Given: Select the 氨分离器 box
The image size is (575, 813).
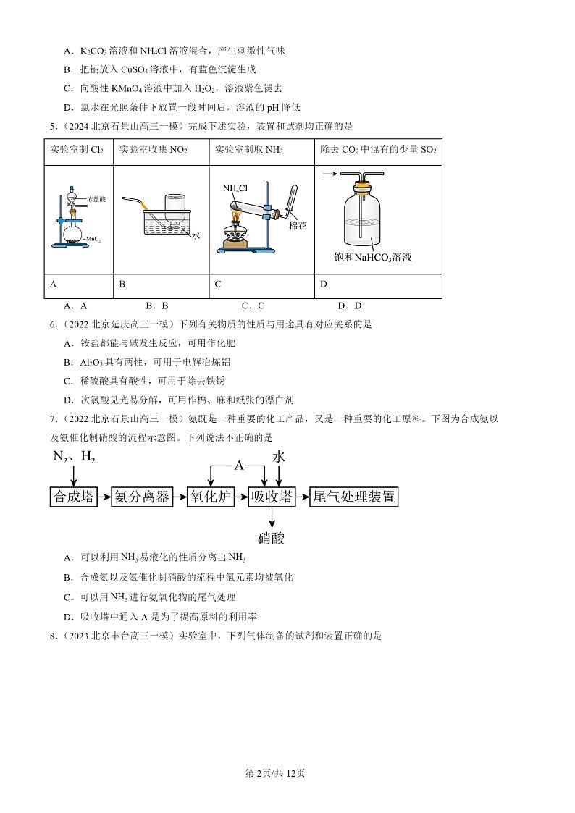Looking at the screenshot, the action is tap(142, 497).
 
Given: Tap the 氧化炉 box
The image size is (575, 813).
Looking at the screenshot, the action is tap(209, 497).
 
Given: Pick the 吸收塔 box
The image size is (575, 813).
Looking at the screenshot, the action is tap(272, 497).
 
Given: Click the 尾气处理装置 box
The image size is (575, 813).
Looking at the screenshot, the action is tap(354, 497).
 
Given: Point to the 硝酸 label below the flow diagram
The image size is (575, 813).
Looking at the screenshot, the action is tap(272, 538).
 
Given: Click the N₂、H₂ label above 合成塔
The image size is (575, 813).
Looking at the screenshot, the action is tap(74, 458).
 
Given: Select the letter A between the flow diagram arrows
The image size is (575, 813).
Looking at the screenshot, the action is tap(239, 466).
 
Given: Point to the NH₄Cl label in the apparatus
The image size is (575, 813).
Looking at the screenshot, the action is tap(235, 189).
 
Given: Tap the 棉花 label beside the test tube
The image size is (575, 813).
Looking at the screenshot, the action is tap(298, 225).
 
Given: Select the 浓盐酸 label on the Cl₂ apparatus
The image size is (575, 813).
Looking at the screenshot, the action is tap(96, 198).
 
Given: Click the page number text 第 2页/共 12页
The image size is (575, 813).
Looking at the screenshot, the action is tap(276, 773).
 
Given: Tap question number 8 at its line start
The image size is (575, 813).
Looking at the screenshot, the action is tap(53, 636).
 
